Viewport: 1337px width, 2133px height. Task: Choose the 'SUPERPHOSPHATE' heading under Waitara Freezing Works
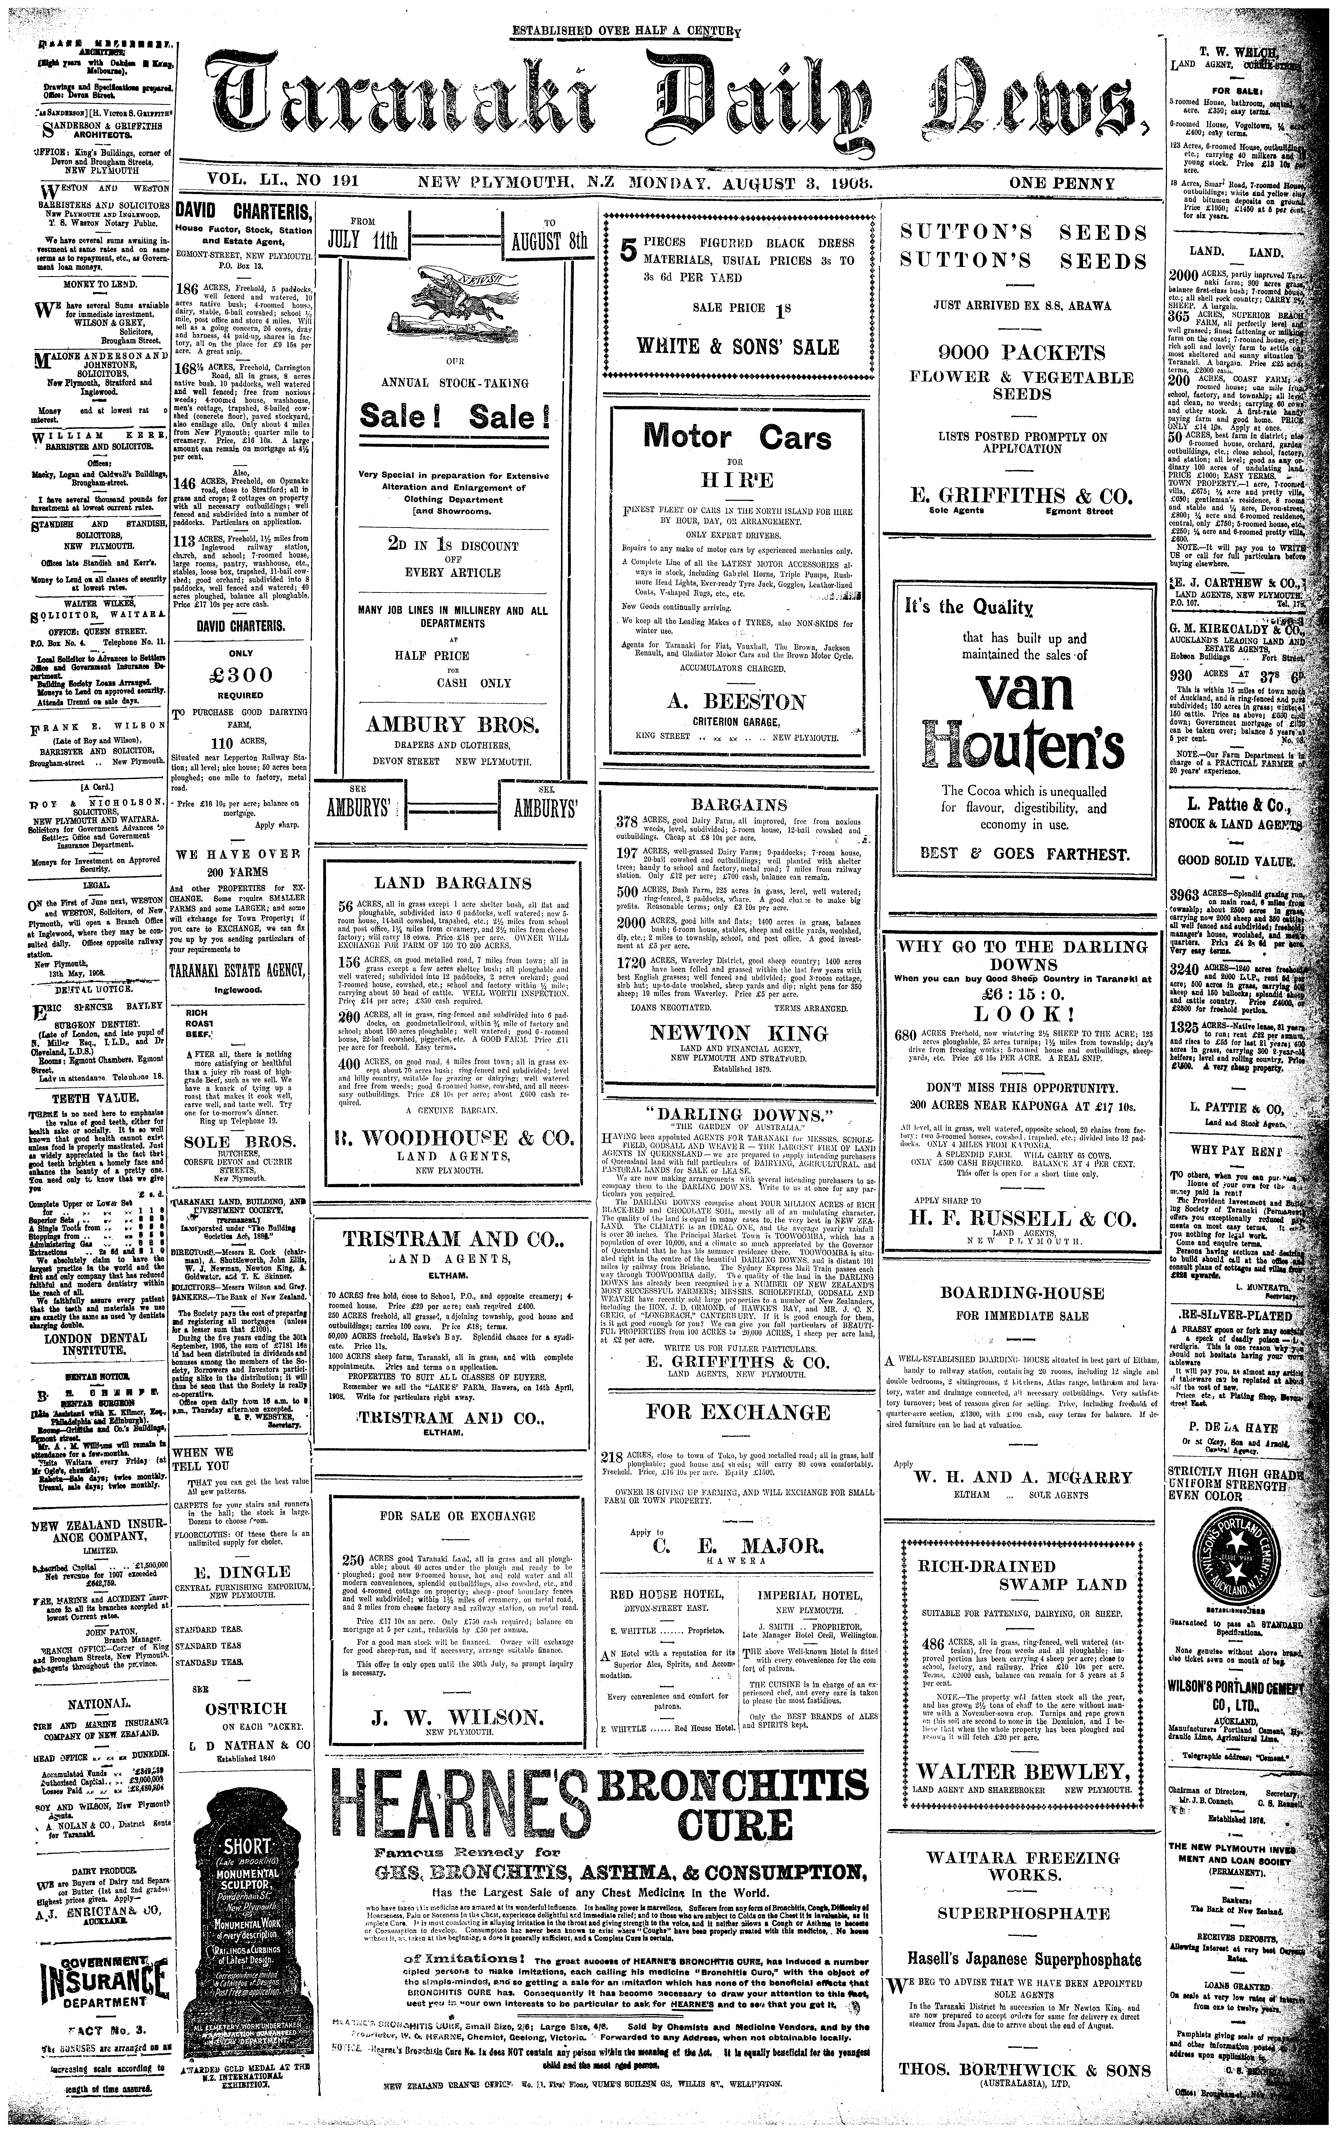1023,1914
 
